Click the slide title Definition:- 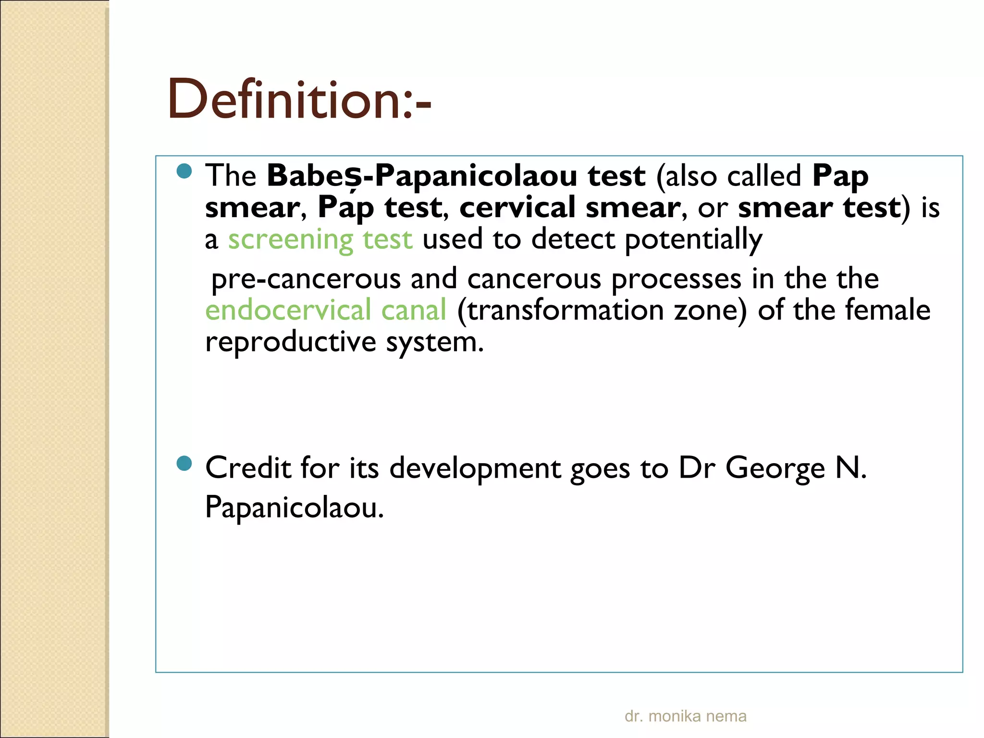click(299, 99)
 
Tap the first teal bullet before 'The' click(184, 171)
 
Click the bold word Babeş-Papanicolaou click(422, 175)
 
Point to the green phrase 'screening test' click(320, 239)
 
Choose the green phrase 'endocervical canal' click(326, 310)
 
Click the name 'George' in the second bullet click(775, 468)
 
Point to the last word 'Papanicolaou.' click(295, 507)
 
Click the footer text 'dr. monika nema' click(685, 716)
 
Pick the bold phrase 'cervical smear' click(570, 208)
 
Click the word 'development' click(475, 468)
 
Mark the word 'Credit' click(248, 468)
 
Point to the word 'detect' click(573, 239)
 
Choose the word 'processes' click(676, 279)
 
